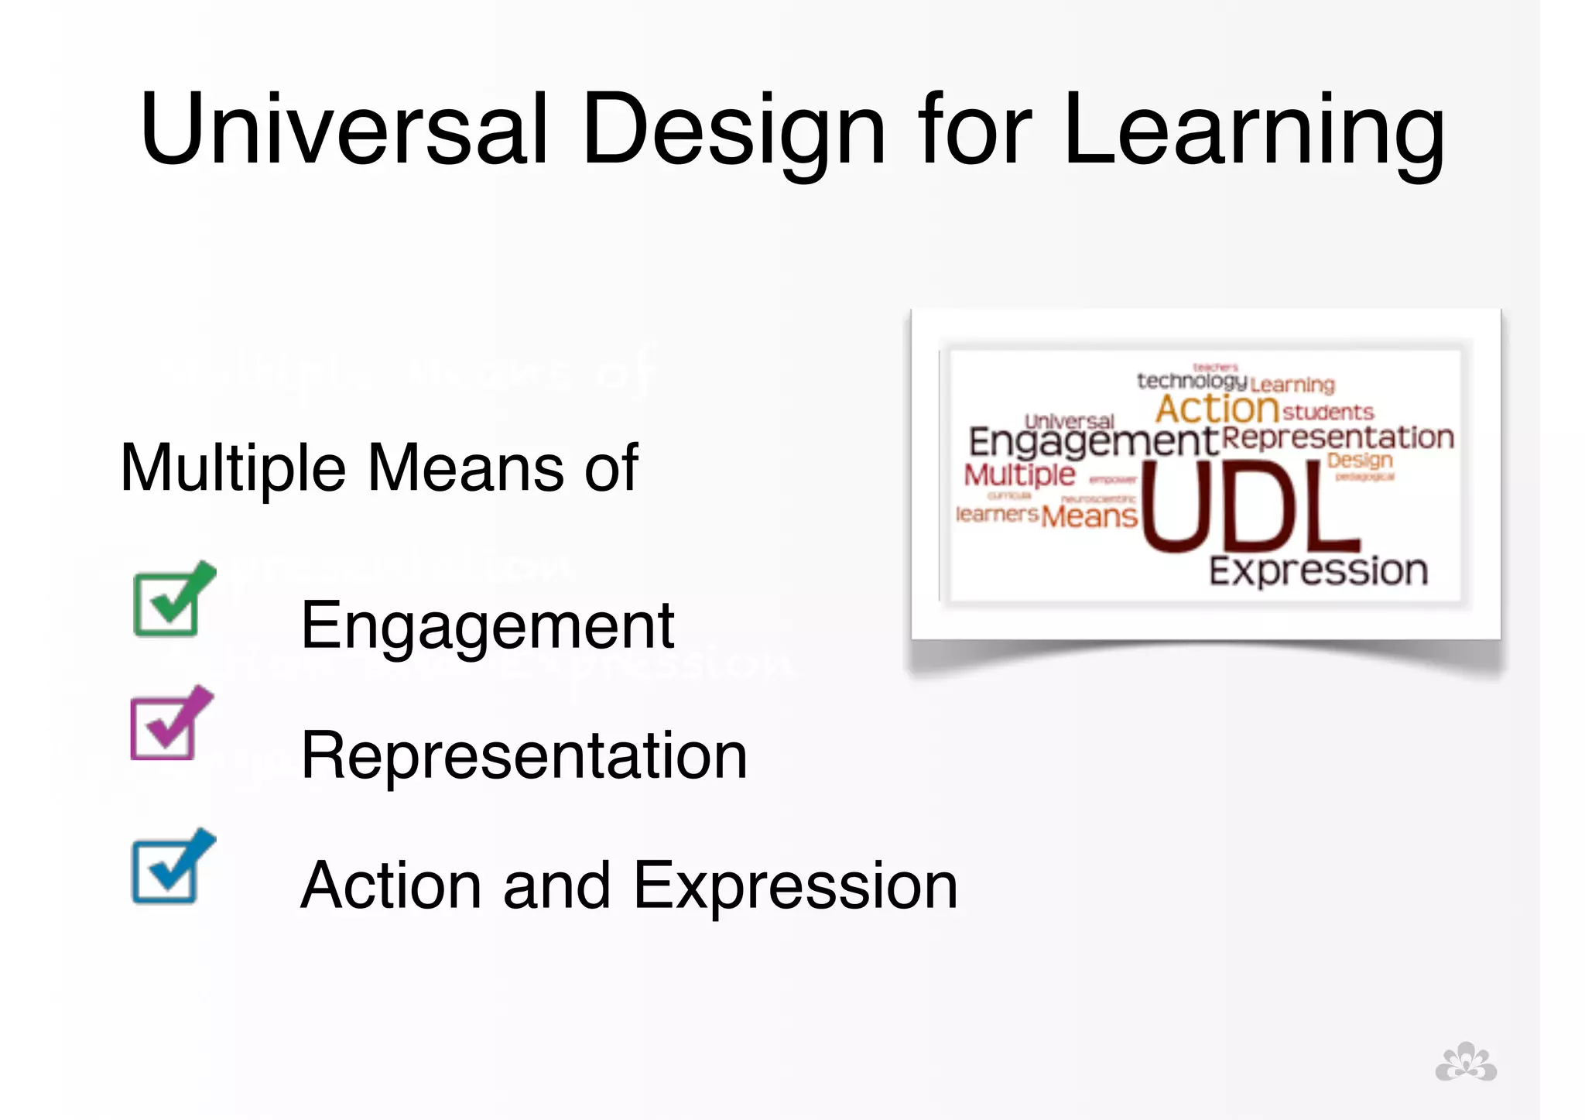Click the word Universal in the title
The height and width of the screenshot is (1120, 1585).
coord(344,129)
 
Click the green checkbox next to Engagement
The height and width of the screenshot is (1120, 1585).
coord(172,600)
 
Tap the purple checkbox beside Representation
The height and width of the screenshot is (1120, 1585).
coord(169,724)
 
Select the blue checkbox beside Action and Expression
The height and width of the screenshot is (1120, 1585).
coord(171,867)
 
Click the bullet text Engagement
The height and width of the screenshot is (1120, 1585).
coord(487,626)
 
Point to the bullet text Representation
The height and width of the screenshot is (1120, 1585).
coord(524,755)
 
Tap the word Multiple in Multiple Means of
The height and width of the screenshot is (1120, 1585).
coord(233,468)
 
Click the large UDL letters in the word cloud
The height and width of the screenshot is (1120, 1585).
coord(1248,507)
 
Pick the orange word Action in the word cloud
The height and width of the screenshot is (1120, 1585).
coord(1217,408)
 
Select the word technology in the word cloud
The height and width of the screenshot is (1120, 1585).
coord(1191,381)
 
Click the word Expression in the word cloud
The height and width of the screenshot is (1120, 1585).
coord(1318,571)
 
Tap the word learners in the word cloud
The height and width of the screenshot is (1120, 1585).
coord(996,514)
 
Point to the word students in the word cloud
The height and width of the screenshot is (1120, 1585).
coord(1328,412)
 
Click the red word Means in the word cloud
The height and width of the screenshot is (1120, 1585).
coord(1089,515)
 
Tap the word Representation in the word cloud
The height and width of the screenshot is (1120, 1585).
coord(1337,437)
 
